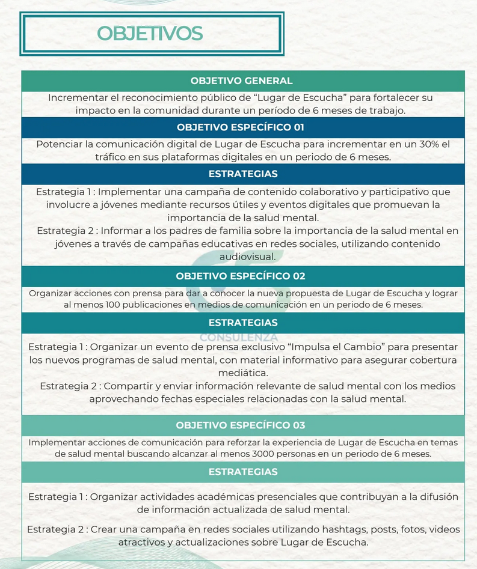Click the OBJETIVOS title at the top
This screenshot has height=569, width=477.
tap(150, 33)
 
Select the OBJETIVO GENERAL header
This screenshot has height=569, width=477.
tap(241, 81)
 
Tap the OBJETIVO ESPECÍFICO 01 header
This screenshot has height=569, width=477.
tap(241, 127)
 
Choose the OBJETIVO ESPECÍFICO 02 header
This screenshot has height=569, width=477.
tap(241, 276)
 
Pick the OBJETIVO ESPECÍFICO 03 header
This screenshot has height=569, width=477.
tap(241, 425)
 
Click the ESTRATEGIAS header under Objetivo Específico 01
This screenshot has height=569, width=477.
tap(243, 174)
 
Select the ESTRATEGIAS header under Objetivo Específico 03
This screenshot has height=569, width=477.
tap(243, 472)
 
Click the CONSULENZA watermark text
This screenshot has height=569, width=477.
tap(239, 337)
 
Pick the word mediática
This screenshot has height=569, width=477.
tap(243, 373)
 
